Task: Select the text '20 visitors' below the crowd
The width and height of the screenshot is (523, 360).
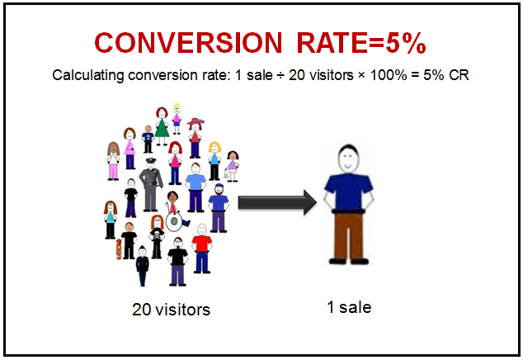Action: (171, 310)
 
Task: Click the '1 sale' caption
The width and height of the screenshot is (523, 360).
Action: (348, 308)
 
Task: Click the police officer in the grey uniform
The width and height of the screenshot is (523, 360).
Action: (150, 178)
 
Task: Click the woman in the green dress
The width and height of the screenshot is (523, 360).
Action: (162, 124)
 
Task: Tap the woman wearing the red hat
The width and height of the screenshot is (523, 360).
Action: (195, 135)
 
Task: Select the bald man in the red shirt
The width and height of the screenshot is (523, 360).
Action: (200, 248)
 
